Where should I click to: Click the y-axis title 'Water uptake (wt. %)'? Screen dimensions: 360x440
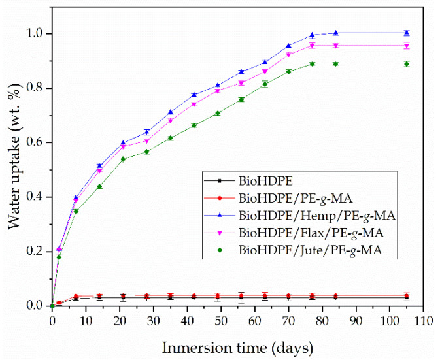(x=14, y=157)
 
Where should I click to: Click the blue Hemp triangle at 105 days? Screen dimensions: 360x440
(x=407, y=32)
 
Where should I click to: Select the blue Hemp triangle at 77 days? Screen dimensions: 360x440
(x=312, y=34)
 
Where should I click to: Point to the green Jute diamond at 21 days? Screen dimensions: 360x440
(x=123, y=159)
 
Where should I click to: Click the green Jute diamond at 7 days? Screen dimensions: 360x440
(x=76, y=212)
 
